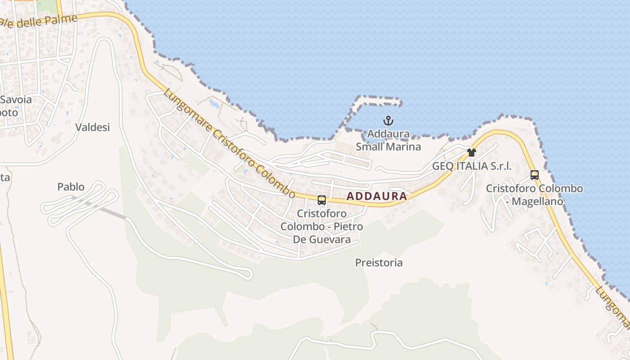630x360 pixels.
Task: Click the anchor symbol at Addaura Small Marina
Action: coord(388,121)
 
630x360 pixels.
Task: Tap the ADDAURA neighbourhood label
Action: coord(377,196)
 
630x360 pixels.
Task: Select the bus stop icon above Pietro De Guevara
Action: coord(321,200)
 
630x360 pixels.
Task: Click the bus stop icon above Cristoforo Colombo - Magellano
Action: coord(534,175)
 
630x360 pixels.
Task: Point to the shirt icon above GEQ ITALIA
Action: coord(471,153)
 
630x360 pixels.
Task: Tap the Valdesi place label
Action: coord(93,127)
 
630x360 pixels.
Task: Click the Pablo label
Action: coord(71,186)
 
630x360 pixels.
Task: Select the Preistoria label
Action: coord(379,262)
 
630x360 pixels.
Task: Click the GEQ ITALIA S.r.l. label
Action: coord(472,166)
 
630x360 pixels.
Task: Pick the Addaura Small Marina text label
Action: coord(388,140)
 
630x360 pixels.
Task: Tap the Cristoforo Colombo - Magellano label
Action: coord(534,195)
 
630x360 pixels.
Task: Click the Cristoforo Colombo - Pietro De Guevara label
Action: coord(322,226)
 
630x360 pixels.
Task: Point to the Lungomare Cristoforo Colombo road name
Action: coord(229,144)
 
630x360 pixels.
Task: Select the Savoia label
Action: coord(16,99)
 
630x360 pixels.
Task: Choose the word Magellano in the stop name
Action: coord(537,201)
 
